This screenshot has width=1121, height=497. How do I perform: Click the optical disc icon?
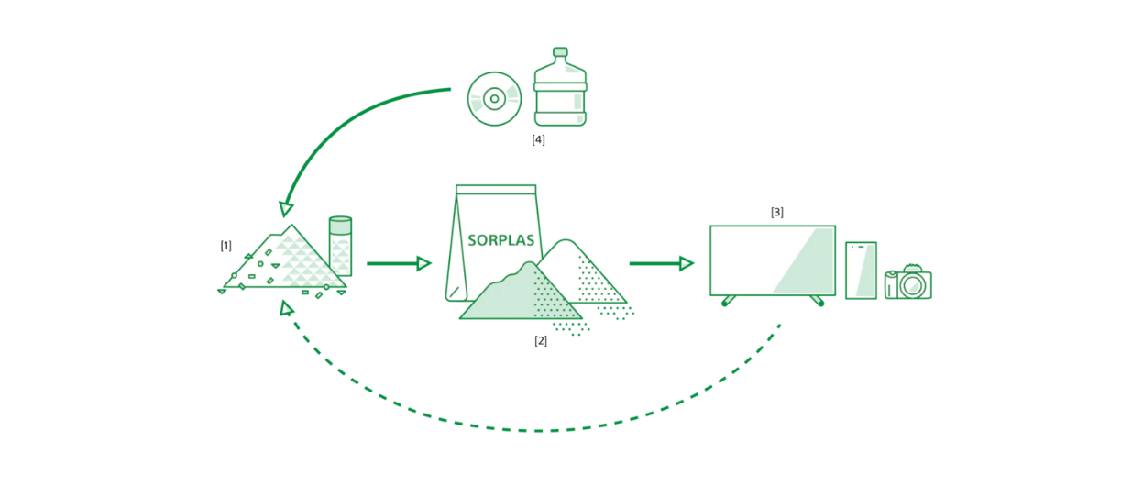[x=494, y=99]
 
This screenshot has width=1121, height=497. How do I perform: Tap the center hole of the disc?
[x=494, y=99]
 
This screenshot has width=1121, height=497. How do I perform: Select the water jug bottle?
[x=559, y=92]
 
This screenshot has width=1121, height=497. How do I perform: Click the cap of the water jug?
[x=560, y=52]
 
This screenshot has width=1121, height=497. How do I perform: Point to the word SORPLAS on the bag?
[x=500, y=240]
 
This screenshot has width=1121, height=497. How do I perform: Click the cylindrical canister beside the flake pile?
[x=340, y=246]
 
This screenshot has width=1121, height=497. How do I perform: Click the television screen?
[x=772, y=260]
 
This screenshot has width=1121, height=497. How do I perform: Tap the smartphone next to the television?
[x=861, y=270]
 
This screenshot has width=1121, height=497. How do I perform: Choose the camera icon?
[x=907, y=282]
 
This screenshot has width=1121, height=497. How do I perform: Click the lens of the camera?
[x=912, y=285]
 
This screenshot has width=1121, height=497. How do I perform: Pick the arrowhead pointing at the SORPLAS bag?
[x=423, y=263]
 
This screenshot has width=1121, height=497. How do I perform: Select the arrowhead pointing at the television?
[x=687, y=263]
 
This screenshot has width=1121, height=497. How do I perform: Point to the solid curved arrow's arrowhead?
[x=287, y=208]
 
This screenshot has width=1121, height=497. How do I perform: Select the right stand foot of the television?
[x=816, y=300]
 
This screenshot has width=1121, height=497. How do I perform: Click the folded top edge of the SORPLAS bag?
[x=496, y=191]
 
